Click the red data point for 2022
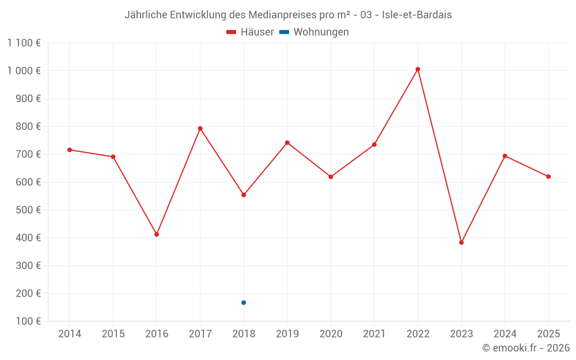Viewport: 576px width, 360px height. pyautogui.click(x=418, y=69)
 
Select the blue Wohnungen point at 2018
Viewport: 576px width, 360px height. pyautogui.click(x=244, y=302)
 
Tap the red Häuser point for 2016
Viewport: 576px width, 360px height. pyautogui.click(x=157, y=234)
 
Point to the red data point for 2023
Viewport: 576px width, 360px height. pyautogui.click(x=461, y=242)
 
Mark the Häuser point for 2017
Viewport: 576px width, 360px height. pyautogui.click(x=200, y=128)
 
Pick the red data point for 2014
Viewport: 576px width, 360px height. pyautogui.click(x=70, y=150)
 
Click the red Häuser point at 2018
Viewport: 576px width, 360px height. pyautogui.click(x=244, y=195)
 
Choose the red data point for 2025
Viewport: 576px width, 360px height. pyautogui.click(x=548, y=176)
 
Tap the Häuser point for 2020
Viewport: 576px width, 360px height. pyautogui.click(x=331, y=177)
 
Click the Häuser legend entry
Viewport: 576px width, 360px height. pyautogui.click(x=250, y=32)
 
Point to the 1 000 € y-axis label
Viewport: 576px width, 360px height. pyautogui.click(x=24, y=70)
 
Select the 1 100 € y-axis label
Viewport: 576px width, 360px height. pyautogui.click(x=24, y=43)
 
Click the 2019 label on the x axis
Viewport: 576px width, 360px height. pyautogui.click(x=287, y=334)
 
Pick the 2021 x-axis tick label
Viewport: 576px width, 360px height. pyautogui.click(x=374, y=334)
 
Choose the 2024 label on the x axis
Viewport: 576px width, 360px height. pyautogui.click(x=505, y=334)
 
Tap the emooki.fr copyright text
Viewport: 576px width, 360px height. pyautogui.click(x=526, y=348)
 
